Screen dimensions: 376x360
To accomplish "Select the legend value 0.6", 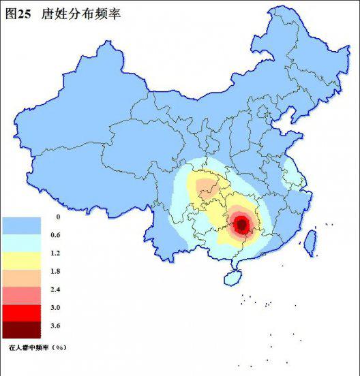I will (x=58, y=235).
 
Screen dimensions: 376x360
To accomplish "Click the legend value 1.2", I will (x=58, y=253).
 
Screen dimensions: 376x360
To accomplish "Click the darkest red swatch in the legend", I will (x=22, y=330).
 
